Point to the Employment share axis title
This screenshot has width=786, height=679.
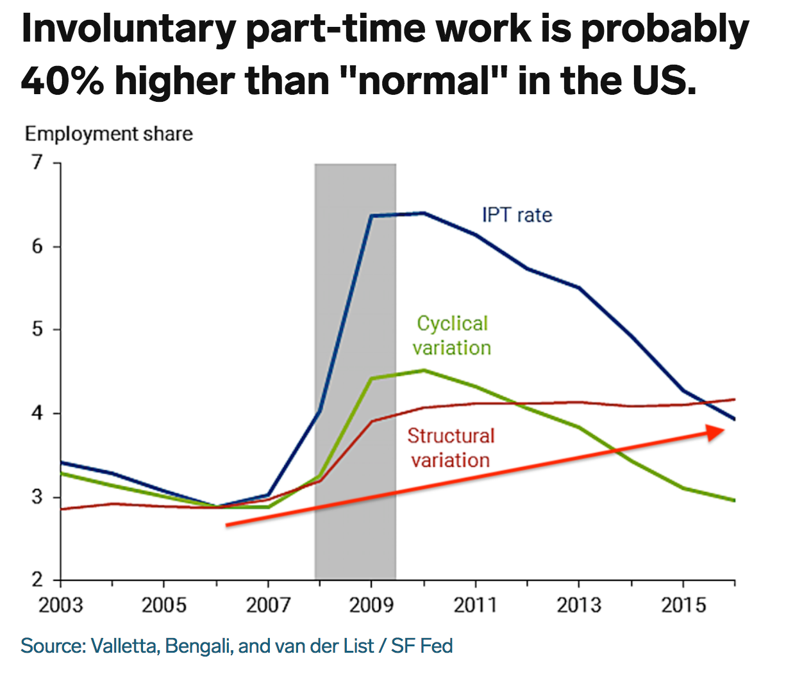(x=108, y=134)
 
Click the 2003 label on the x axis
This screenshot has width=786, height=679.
(x=60, y=605)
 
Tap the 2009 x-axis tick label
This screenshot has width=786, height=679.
(x=371, y=605)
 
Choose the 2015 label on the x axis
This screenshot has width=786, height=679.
(x=683, y=605)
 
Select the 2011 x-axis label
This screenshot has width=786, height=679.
(x=475, y=605)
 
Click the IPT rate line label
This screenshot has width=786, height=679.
(x=517, y=215)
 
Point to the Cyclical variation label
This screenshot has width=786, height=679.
(x=452, y=335)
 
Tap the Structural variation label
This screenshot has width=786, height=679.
(x=451, y=448)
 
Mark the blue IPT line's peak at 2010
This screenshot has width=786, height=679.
(x=423, y=213)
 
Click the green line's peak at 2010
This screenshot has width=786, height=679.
(x=423, y=370)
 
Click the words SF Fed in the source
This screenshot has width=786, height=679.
(x=422, y=646)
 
